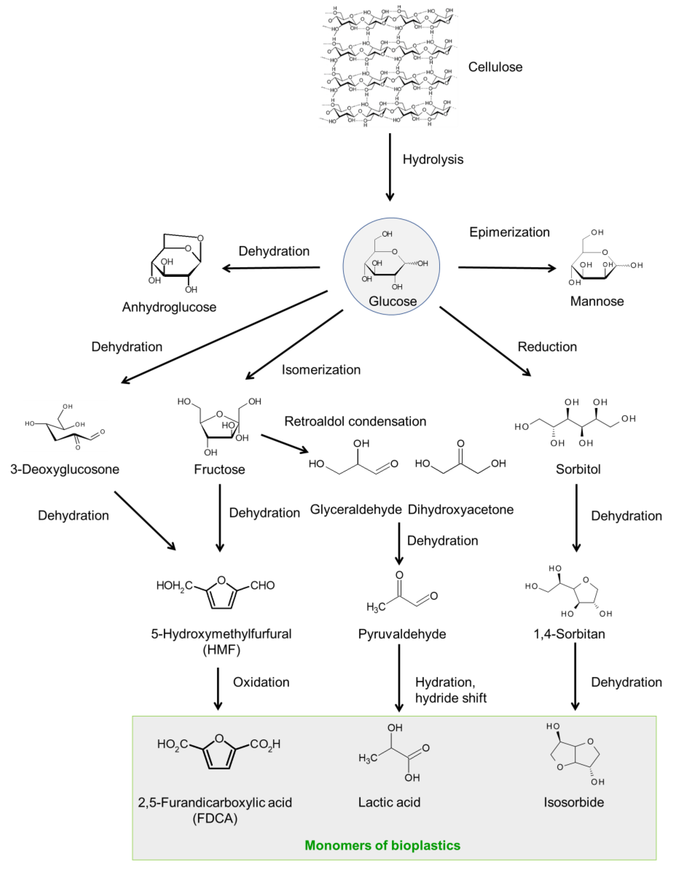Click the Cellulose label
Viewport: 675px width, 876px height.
tap(495, 67)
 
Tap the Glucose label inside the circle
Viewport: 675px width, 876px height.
tap(392, 301)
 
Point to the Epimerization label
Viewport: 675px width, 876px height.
tap(509, 232)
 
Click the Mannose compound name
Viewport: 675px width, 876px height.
tap(597, 301)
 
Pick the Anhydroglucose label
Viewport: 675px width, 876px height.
tap(169, 307)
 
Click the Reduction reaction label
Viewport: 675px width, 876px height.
tap(547, 347)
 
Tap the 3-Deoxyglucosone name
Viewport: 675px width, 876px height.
tap(65, 469)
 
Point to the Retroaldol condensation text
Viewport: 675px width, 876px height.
tap(355, 421)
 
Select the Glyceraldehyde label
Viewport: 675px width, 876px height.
tap(355, 509)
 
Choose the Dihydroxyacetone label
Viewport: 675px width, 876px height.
tap(461, 509)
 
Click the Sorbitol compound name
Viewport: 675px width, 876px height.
tap(578, 469)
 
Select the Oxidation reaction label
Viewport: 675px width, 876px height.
tap(261, 682)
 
